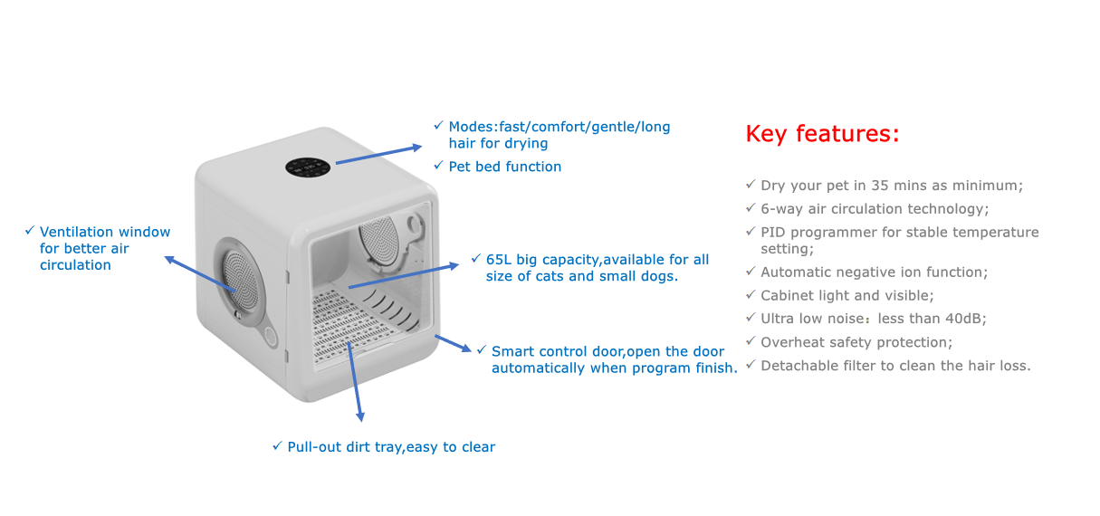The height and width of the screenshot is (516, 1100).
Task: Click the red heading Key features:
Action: point(822,134)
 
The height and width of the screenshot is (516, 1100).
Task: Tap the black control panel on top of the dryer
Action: point(311,167)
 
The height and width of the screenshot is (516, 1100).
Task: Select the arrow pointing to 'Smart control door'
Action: point(454,344)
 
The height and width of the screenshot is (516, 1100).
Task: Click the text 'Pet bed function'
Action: point(504,167)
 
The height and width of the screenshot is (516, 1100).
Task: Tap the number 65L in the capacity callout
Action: point(501,260)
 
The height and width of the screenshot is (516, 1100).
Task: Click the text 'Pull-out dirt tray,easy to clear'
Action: point(391,447)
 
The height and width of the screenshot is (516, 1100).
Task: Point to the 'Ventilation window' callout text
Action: point(104,248)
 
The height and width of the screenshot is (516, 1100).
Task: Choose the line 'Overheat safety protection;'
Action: point(856,342)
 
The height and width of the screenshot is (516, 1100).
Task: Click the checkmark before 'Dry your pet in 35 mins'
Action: point(751,185)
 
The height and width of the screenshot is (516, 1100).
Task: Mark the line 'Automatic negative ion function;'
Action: point(874,272)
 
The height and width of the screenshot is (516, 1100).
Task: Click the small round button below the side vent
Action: point(271,336)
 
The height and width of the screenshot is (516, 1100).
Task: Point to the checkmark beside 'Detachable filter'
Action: point(751,366)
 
